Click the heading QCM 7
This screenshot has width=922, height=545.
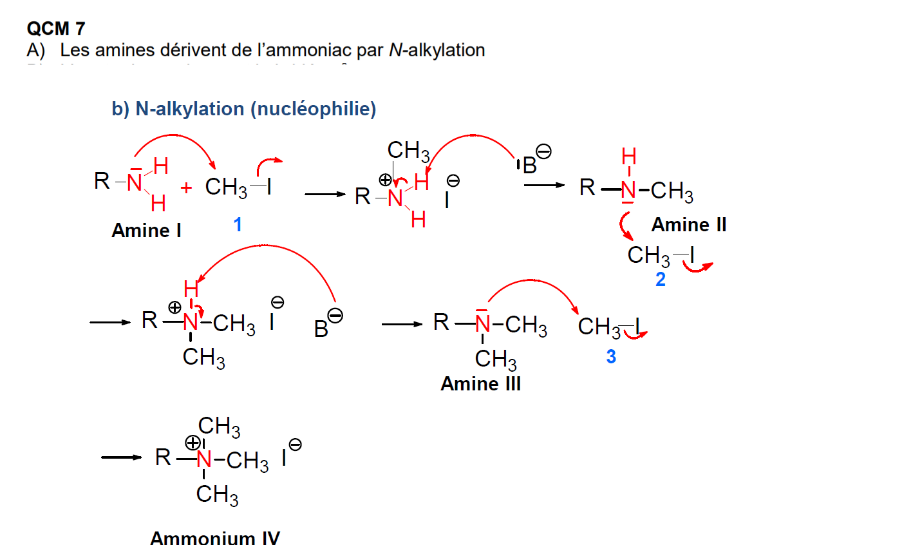click(x=55, y=28)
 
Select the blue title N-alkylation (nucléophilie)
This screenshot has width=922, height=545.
click(x=244, y=109)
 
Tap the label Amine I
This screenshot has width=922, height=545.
click(x=146, y=231)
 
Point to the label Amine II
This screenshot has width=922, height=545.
click(x=688, y=225)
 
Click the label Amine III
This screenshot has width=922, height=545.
click(x=480, y=384)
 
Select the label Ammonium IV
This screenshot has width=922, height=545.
click(x=215, y=537)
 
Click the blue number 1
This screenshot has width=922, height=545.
click(x=238, y=224)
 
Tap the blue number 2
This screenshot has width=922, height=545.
click(x=660, y=280)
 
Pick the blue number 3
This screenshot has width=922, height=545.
click(x=611, y=356)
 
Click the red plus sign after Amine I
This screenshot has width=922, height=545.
click(x=186, y=188)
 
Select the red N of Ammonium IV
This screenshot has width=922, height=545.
click(x=204, y=459)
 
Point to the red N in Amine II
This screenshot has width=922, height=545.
click(x=628, y=190)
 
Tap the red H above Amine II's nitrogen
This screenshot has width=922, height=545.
click(x=628, y=157)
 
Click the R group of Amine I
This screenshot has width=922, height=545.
click(x=102, y=181)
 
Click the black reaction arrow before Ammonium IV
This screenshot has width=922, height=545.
click(x=121, y=457)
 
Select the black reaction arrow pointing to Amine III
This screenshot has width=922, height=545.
click(x=402, y=324)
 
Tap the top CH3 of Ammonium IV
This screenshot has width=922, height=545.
click(x=219, y=426)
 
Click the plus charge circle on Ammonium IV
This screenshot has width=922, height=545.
click(x=193, y=443)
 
